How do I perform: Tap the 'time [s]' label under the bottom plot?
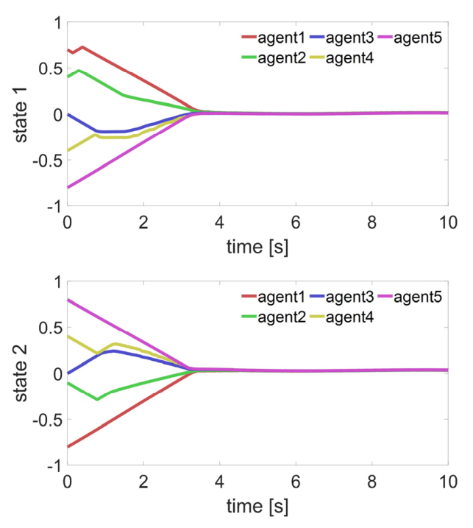coord(257,507)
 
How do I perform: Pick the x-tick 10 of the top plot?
coord(447,222)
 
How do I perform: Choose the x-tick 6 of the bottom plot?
coord(296,481)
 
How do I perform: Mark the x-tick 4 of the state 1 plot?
coord(219,222)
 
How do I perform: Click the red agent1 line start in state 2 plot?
coord(68,446)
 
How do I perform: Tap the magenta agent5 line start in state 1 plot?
coord(68,187)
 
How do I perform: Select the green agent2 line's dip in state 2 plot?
coord(97,399)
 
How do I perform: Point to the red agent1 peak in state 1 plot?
coord(82,47)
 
